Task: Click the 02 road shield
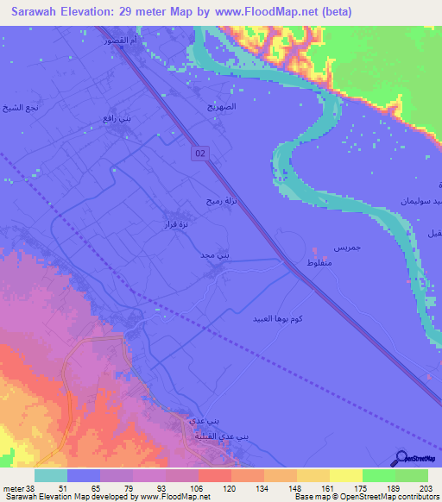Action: pos(200,153)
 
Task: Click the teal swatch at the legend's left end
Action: pos(51,475)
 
